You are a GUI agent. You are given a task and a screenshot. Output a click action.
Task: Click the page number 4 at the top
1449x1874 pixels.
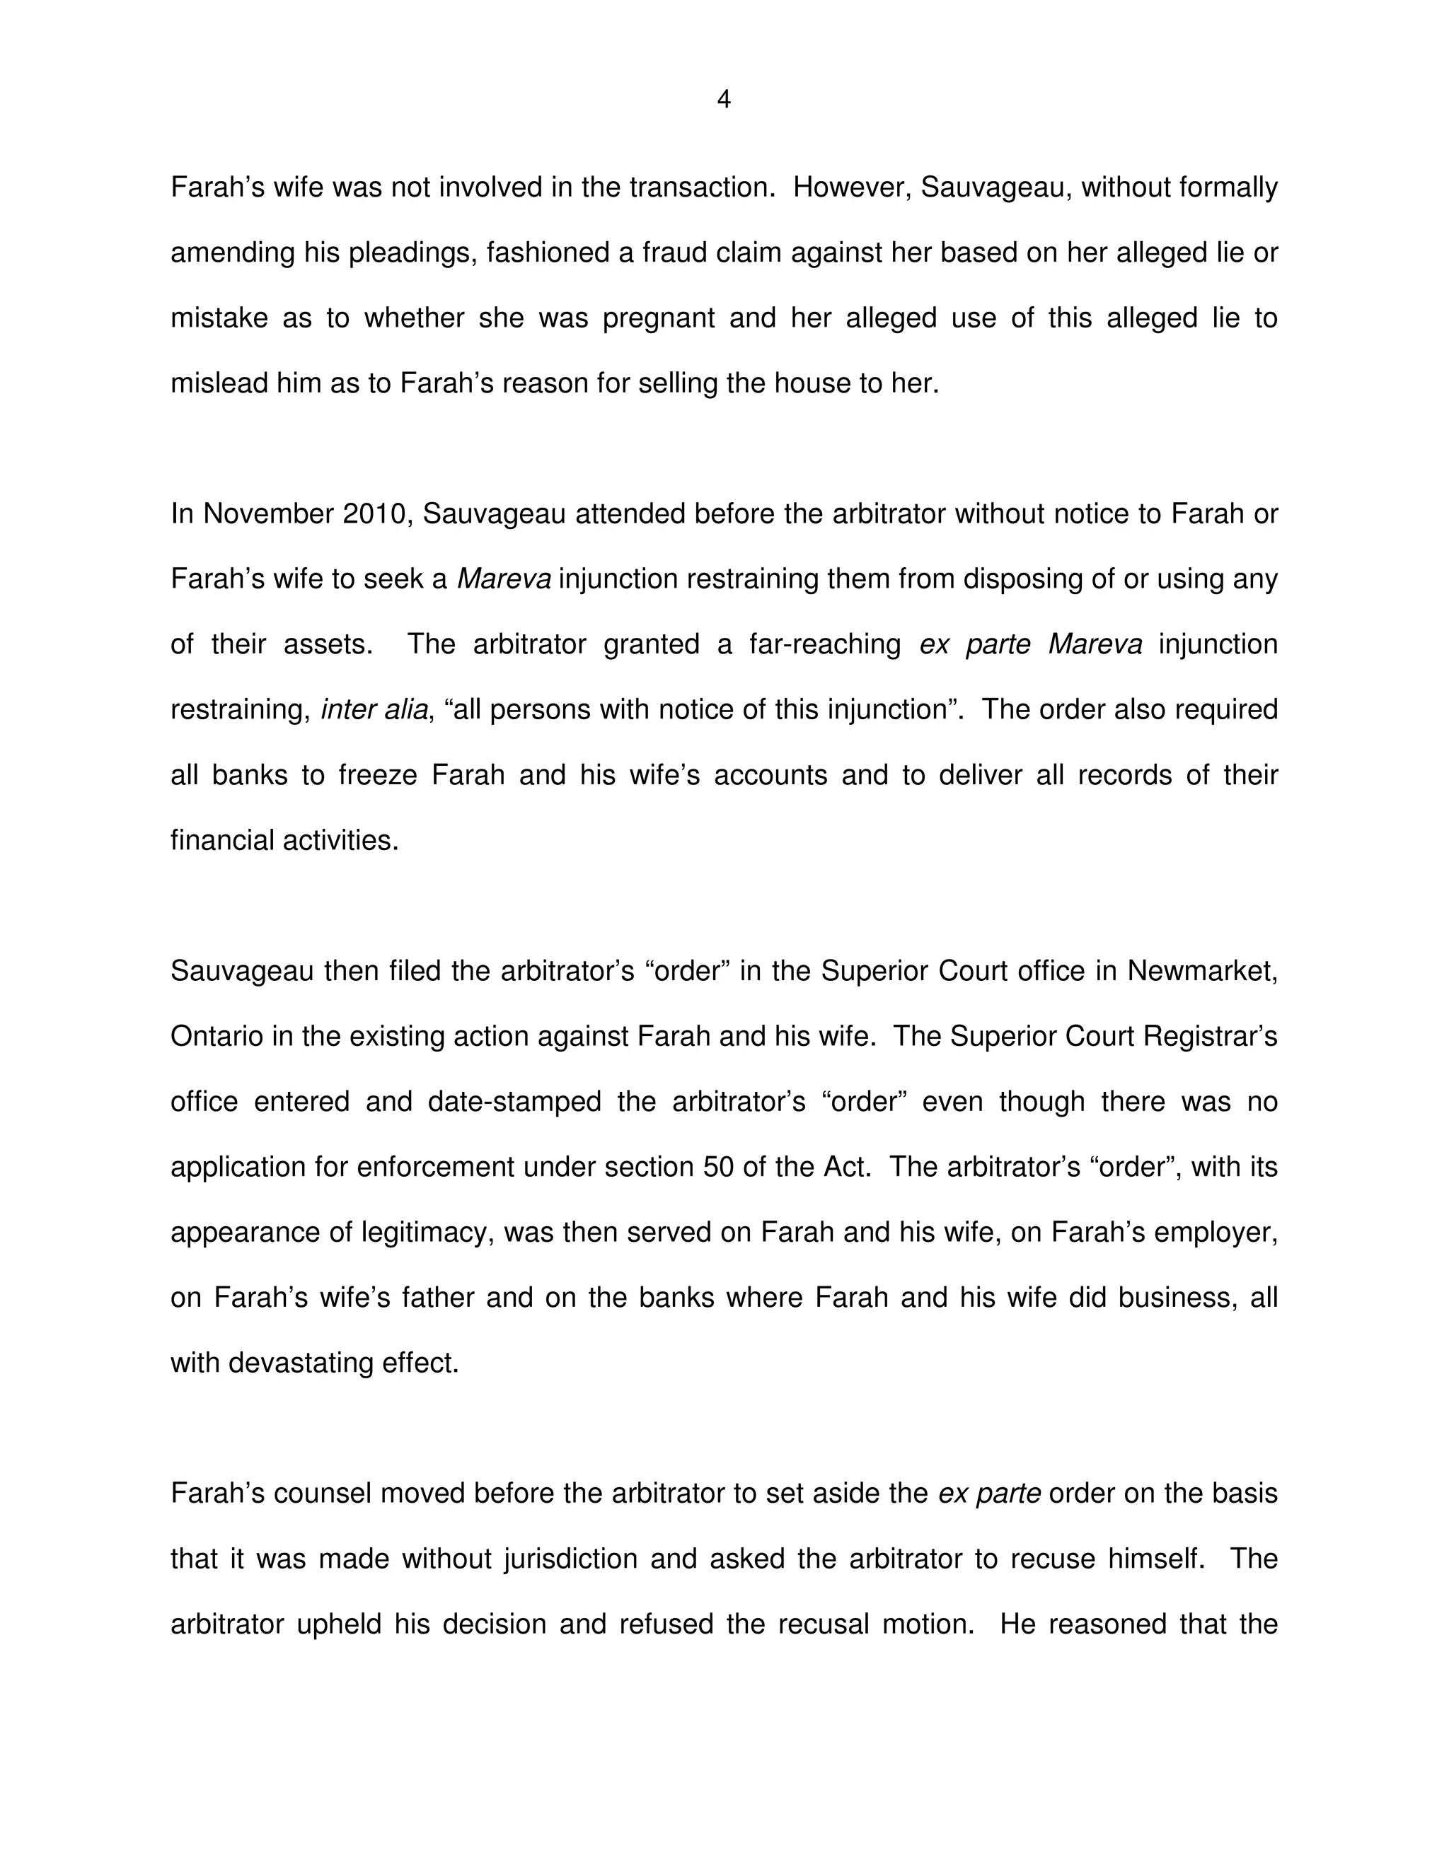tap(724, 100)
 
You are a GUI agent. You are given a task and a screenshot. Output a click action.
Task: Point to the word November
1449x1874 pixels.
tap(268, 514)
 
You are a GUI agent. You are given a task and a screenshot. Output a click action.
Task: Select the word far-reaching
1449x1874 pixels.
tap(824, 644)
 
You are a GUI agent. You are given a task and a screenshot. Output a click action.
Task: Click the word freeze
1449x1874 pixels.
tap(377, 776)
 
